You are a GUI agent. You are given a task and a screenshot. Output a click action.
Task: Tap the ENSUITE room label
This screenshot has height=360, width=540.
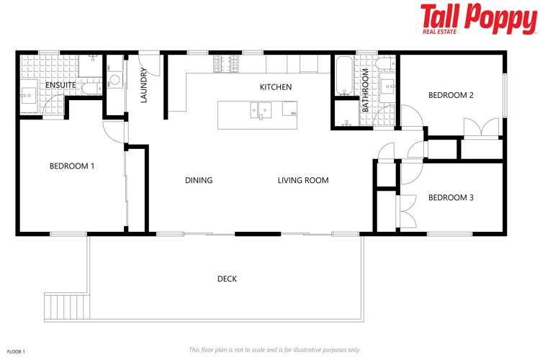pos(60,85)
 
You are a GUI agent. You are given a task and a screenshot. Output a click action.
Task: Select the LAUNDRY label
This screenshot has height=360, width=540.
pos(144,85)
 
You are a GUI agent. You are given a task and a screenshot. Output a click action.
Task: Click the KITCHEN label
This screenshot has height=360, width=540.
pos(276,87)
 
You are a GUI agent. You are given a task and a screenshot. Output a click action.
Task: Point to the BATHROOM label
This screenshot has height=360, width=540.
pos(366,90)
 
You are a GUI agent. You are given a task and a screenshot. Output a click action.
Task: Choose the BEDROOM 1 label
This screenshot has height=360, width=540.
pos(72,166)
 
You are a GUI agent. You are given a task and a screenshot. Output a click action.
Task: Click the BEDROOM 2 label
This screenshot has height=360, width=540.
pos(451,95)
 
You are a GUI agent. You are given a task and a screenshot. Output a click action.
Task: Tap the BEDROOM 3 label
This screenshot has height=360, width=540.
pos(451,198)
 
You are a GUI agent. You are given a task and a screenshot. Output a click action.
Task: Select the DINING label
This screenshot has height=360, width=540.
pos(199,180)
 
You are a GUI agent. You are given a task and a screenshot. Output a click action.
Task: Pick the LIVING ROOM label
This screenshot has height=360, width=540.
pos(303,180)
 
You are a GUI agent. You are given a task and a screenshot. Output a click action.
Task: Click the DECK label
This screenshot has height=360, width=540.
pos(227,279)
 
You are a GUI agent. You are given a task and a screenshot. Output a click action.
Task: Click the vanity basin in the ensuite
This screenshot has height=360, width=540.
pos(30,94)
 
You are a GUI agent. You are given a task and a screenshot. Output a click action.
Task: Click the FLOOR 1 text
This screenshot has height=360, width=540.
pos(16,351)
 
